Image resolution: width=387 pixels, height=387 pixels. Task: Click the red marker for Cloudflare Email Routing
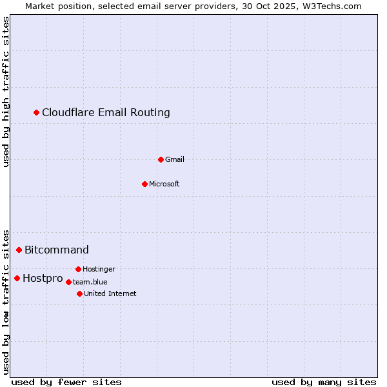pyautogui.click(x=37, y=113)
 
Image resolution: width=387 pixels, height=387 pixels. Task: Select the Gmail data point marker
pyautogui.click(x=161, y=159)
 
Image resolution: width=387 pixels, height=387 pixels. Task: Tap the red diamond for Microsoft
pyautogui.click(x=144, y=184)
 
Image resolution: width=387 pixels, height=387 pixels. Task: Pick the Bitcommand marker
pyautogui.click(x=19, y=250)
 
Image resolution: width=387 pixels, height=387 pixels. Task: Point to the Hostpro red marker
pyautogui.click(x=17, y=279)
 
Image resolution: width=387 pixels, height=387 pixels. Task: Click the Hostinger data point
pyautogui.click(x=78, y=269)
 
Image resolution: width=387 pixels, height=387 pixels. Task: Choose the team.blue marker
pyautogui.click(x=68, y=282)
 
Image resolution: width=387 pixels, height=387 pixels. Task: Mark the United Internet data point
pyautogui.click(x=79, y=293)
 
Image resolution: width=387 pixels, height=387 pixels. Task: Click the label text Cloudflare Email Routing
pyautogui.click(x=106, y=113)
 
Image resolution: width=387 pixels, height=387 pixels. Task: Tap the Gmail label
pyautogui.click(x=175, y=159)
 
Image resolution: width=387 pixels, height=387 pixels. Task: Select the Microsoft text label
pyautogui.click(x=164, y=184)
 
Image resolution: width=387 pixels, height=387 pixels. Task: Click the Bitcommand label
pyautogui.click(x=57, y=250)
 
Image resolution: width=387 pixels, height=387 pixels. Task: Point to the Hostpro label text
pyautogui.click(x=43, y=279)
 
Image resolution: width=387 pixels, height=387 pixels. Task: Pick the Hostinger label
pyautogui.click(x=99, y=269)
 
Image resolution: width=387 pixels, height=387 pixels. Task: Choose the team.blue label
pyautogui.click(x=90, y=282)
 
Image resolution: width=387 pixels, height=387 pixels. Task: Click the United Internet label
pyautogui.click(x=110, y=293)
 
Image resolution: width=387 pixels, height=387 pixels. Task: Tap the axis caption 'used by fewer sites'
pyautogui.click(x=66, y=382)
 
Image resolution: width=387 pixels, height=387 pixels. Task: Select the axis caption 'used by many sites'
pyautogui.click(x=324, y=382)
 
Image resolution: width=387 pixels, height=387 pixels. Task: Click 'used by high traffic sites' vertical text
pyautogui.click(x=6, y=92)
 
